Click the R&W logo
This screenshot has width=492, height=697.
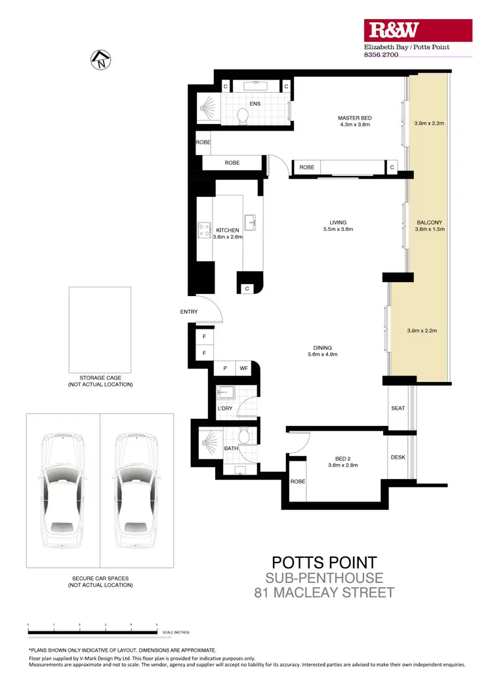394,30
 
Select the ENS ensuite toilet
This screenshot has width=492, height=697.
243,116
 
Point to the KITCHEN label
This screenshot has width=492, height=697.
228,230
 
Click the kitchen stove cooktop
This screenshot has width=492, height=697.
203,230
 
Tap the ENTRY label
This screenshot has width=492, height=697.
189,312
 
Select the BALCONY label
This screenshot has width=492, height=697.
429,222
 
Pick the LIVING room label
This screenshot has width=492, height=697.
338,222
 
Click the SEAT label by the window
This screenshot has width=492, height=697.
398,408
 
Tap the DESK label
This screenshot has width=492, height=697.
398,457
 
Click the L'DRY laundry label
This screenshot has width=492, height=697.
225,410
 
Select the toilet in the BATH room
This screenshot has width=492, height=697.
243,436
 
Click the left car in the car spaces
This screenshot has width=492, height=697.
63,490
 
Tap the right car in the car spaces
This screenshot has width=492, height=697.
137,490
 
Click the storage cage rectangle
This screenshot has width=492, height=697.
100,329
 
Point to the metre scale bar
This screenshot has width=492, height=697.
92,632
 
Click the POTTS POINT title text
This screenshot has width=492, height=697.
324,562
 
